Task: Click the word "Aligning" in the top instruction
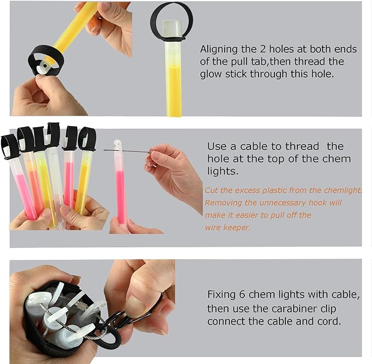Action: pos(219,50)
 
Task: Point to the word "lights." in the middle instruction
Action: pos(222,171)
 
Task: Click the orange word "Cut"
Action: pos(211,190)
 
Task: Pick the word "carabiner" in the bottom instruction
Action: pos(294,309)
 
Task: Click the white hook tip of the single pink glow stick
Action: pos(117,144)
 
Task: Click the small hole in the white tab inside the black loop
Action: pos(44,66)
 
